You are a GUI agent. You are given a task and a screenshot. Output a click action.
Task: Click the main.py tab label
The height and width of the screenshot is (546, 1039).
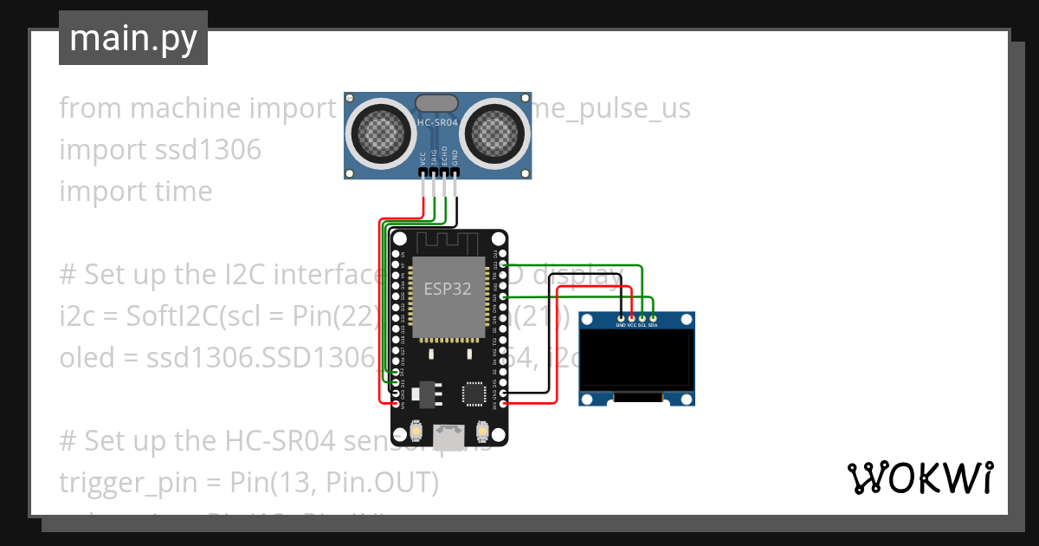[x=132, y=38]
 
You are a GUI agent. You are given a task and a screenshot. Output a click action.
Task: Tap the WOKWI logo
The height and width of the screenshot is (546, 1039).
[x=920, y=478]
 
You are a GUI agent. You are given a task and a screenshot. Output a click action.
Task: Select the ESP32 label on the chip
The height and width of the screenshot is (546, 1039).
[x=448, y=289]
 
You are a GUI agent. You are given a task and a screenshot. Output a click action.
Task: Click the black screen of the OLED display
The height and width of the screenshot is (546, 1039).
[x=636, y=361]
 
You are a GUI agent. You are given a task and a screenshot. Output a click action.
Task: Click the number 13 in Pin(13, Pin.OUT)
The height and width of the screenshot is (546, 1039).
[x=279, y=483]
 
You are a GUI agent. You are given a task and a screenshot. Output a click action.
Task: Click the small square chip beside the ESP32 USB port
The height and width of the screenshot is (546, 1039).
[x=474, y=394]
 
